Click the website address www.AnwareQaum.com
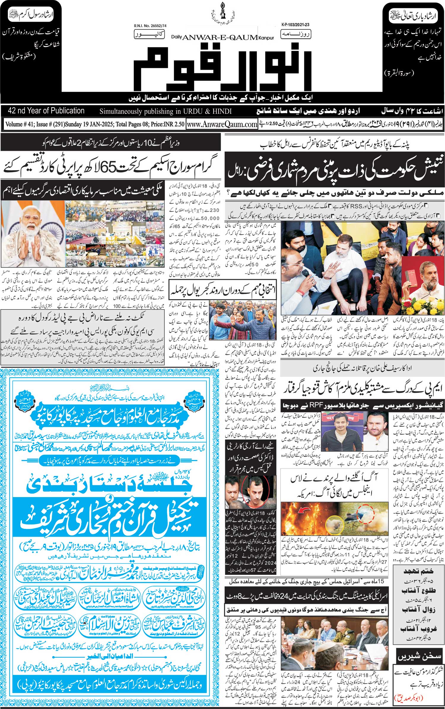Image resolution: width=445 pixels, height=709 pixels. pyautogui.click(x=222, y=125)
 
